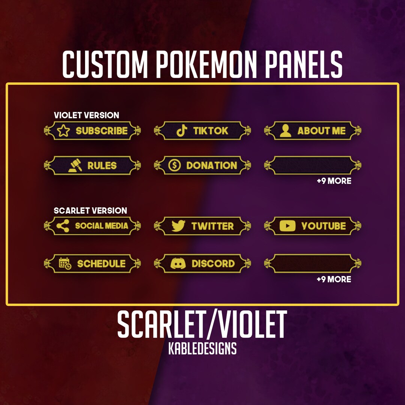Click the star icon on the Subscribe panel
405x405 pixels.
pyautogui.click(x=64, y=131)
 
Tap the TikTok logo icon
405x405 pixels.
pyautogui.click(x=182, y=131)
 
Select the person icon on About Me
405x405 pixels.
pyautogui.click(x=286, y=131)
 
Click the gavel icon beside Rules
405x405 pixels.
pyautogui.click(x=75, y=165)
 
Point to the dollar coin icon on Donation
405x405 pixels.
pyautogui.click(x=174, y=165)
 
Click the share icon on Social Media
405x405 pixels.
pyautogui.click(x=63, y=226)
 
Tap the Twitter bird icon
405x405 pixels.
pyautogui.click(x=178, y=226)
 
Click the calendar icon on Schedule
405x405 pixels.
pyautogui.click(x=65, y=264)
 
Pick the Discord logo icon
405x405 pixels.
pyautogui.click(x=178, y=264)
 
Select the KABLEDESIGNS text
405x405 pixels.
pyautogui.click(x=202, y=349)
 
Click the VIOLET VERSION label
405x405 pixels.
pyautogui.click(x=87, y=115)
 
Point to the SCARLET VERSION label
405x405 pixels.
pyautogui.click(x=90, y=210)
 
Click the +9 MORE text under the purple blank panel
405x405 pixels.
pyautogui.click(x=334, y=181)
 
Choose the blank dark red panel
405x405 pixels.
pyautogui.click(x=313, y=264)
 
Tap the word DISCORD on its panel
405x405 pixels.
pyautogui.click(x=213, y=264)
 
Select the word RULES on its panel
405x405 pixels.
pyautogui.click(x=102, y=165)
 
